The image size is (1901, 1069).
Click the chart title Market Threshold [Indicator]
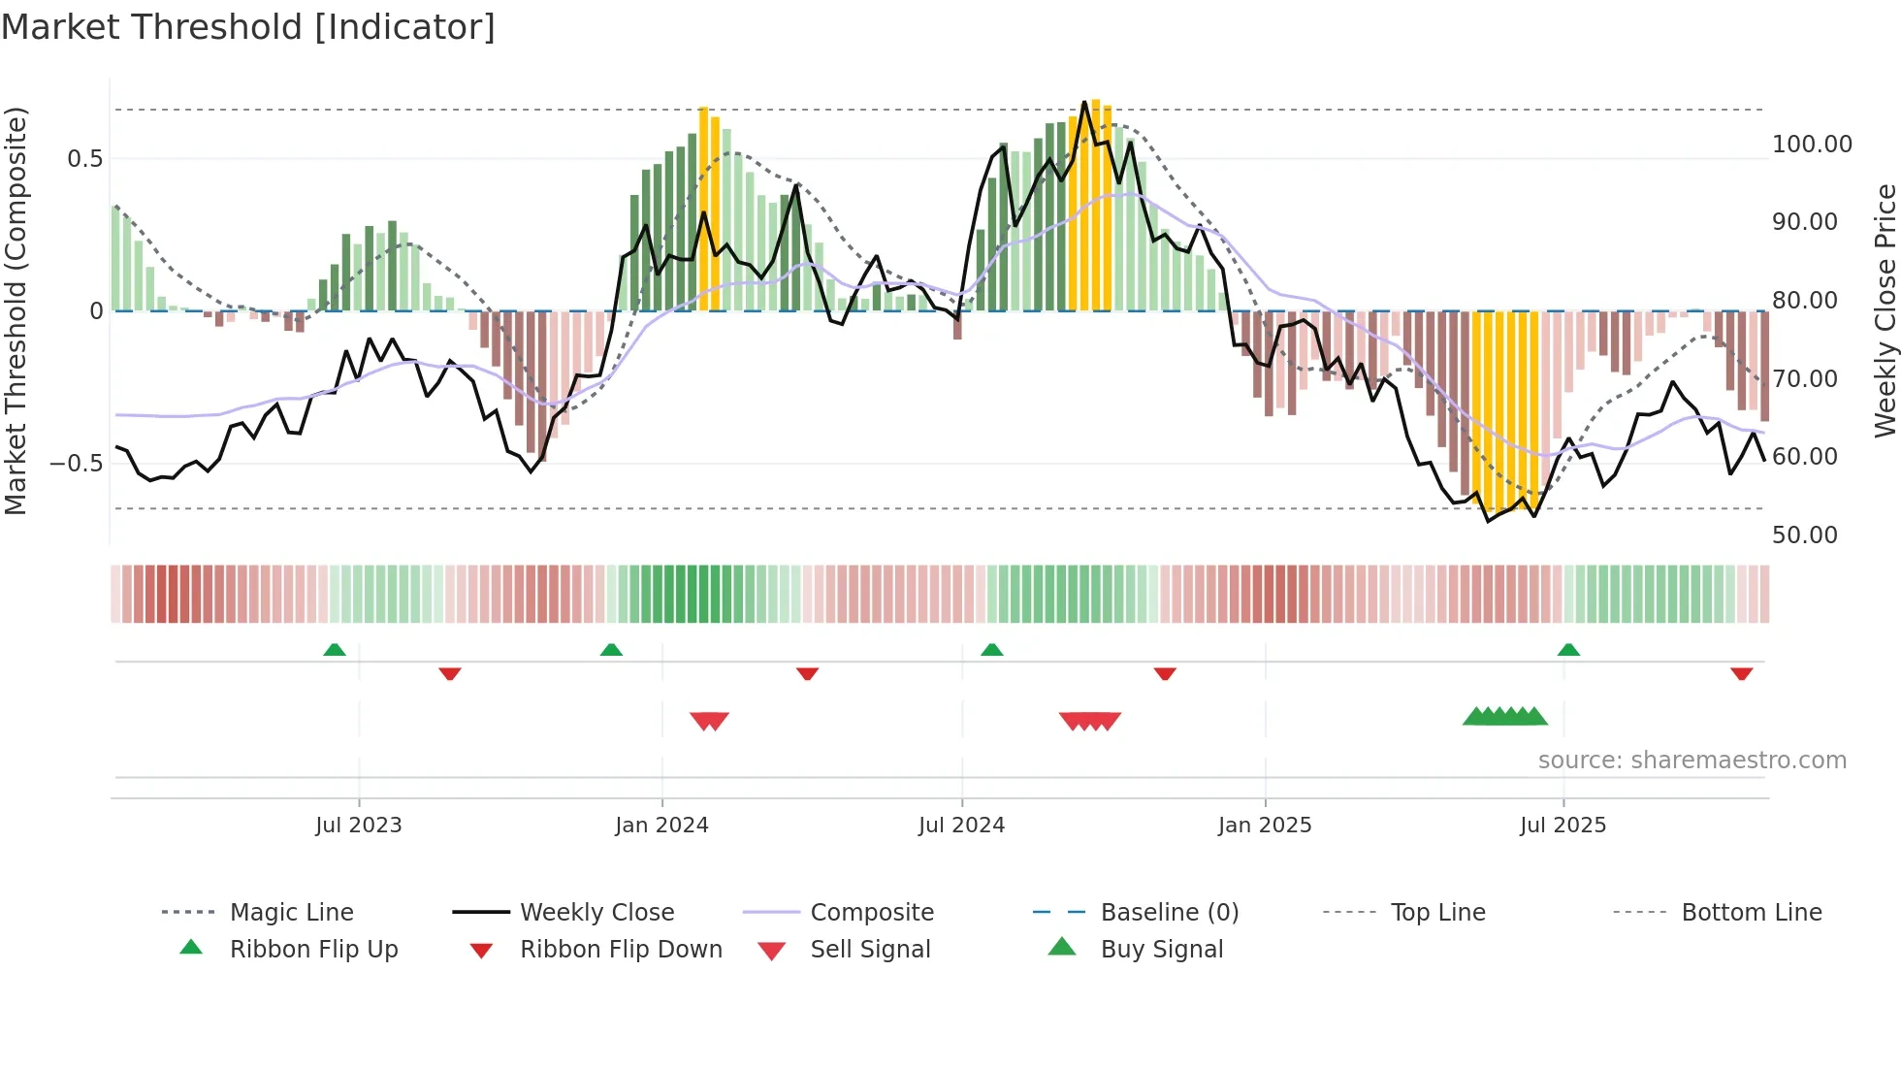(248, 27)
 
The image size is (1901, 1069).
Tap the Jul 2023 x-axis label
(358, 825)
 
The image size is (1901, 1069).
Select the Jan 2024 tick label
(661, 825)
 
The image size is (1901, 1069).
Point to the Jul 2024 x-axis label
(961, 825)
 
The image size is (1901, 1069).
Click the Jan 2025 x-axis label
(1265, 825)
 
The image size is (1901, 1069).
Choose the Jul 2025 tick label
(1563, 825)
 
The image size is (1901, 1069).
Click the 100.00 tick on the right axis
(1812, 145)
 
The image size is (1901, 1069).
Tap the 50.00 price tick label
(1804, 535)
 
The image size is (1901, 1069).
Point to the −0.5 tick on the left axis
(76, 463)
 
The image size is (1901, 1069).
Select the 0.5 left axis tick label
(84, 158)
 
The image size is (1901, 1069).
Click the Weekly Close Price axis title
(1885, 310)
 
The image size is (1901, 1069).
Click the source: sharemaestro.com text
(1692, 761)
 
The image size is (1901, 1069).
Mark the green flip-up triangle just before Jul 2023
(335, 650)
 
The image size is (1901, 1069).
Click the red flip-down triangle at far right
(1741, 673)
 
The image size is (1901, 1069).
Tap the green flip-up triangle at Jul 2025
(1568, 650)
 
